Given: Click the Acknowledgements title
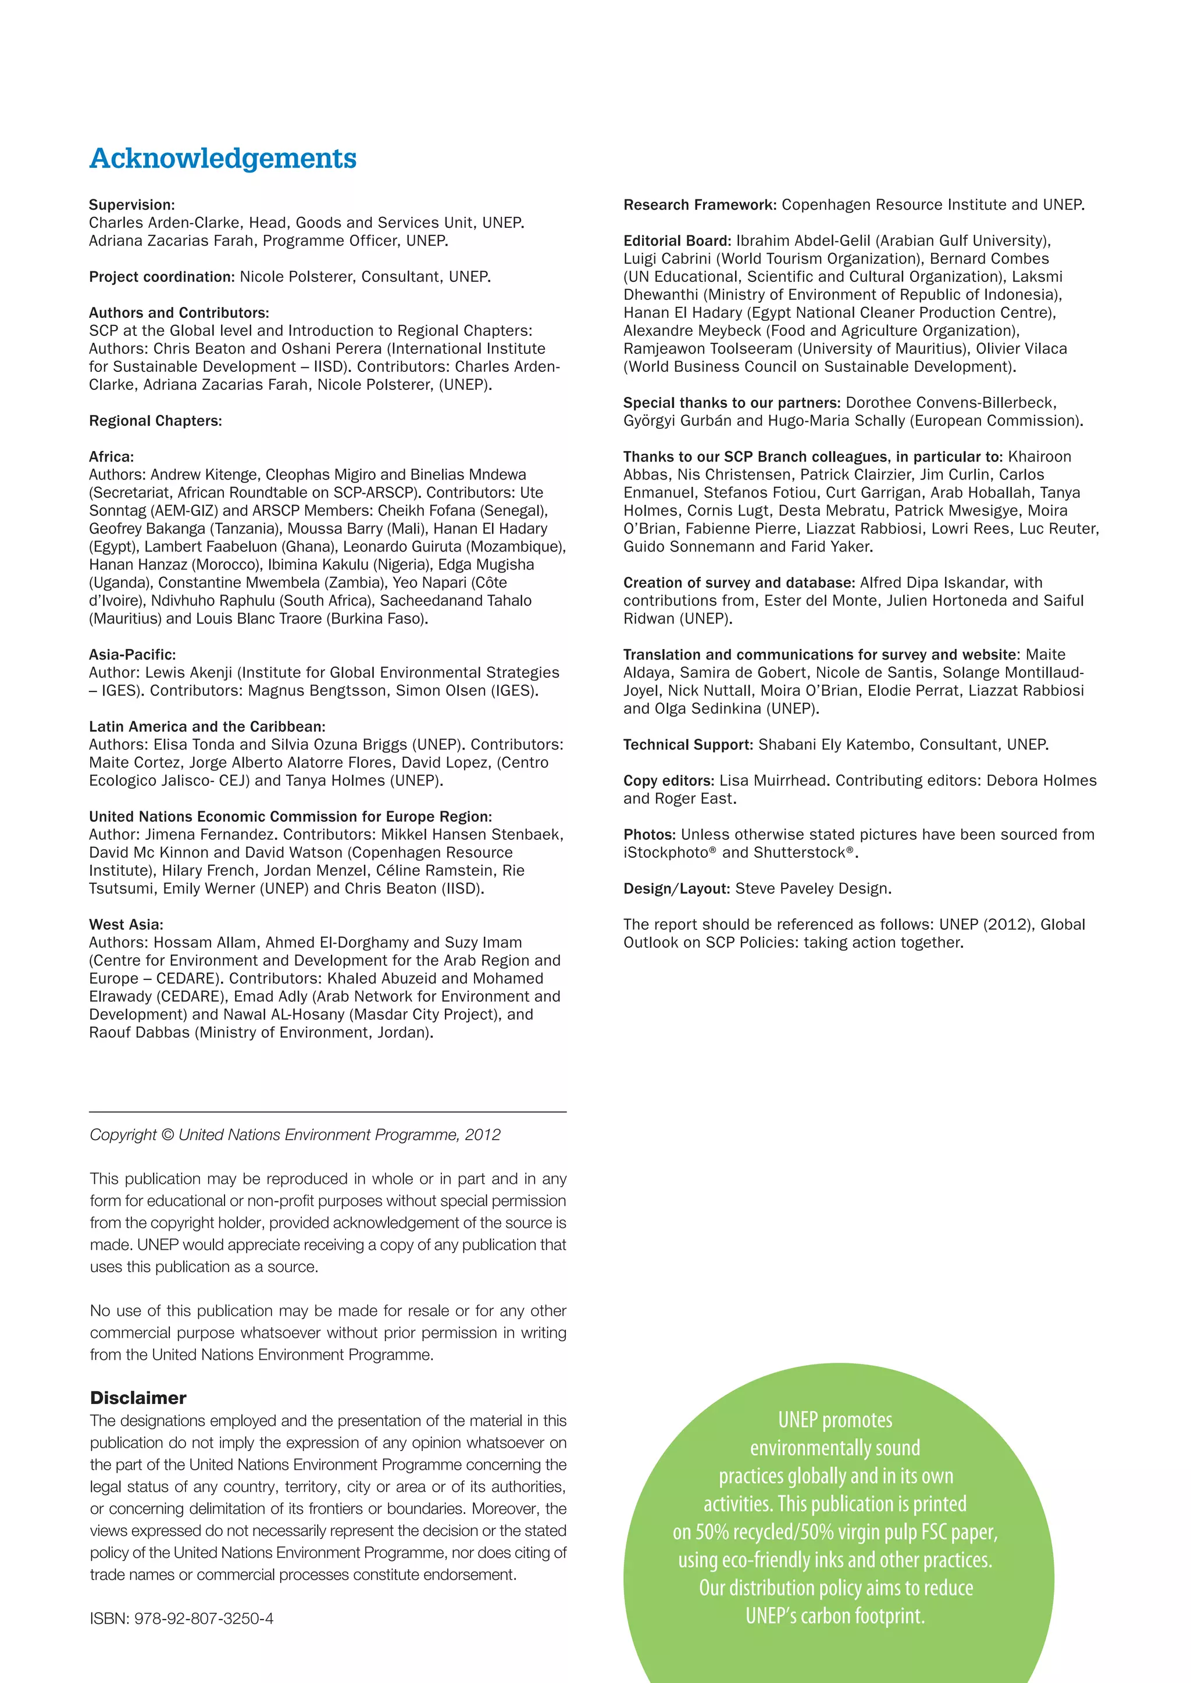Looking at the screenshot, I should pos(223,158).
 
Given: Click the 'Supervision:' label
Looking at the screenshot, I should pos(132,205).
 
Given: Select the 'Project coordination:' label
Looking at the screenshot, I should pos(161,277).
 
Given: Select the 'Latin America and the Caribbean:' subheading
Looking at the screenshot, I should pos(207,726).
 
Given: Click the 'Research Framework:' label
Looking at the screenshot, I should pos(700,205).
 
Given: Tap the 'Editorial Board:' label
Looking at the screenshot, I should pos(677,241).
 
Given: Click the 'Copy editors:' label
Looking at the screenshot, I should pos(668,780).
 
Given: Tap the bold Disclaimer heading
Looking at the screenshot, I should pos(138,1398).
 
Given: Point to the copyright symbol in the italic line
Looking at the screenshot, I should pos(166,1136).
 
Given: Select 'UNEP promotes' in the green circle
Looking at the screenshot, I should pos(835,1420).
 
